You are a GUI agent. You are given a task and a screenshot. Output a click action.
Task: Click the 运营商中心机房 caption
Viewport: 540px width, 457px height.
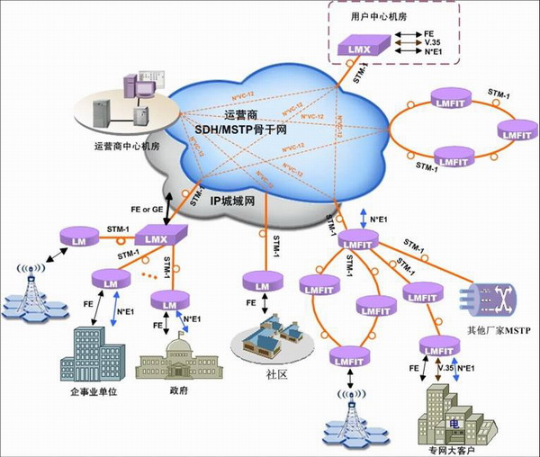click(x=126, y=145)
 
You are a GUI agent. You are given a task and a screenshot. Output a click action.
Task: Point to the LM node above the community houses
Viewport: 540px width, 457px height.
click(x=261, y=285)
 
